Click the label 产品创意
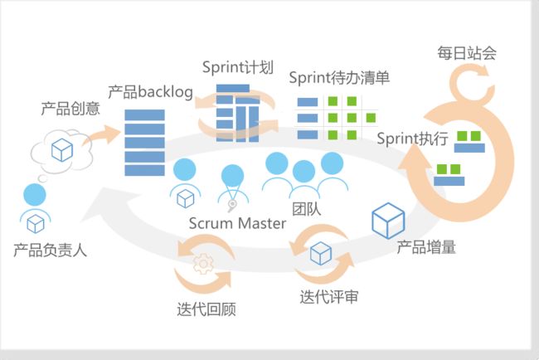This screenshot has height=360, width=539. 70,109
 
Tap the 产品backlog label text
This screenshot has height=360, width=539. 151,92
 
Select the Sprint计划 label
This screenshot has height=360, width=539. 238,67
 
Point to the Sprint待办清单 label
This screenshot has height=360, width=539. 339,78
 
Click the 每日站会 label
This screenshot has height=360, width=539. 467,53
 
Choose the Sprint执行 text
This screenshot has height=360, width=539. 412,139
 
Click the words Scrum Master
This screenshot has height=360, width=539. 237,223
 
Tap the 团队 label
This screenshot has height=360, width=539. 307,209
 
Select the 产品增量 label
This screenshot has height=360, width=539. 426,247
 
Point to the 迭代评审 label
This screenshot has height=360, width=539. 329,297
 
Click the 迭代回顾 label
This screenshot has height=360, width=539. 206,309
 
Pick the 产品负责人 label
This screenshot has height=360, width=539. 51,251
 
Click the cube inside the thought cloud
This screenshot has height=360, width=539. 62,150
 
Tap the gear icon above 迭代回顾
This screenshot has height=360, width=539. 203,264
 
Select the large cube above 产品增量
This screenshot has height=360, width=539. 388,221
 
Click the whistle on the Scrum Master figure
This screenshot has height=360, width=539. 232,205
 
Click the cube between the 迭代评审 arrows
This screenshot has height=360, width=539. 321,253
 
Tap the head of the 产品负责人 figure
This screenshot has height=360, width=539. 35,195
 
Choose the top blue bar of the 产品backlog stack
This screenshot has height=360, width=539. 145,114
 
